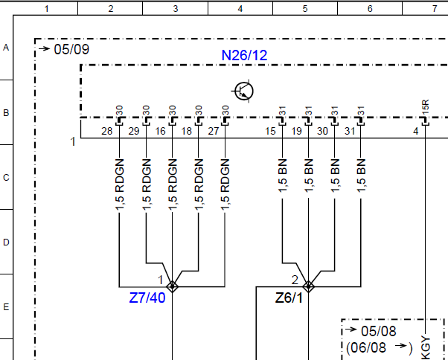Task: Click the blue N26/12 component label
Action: [x=244, y=55]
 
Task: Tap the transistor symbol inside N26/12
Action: [x=243, y=91]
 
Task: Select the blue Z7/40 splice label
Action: [x=147, y=298]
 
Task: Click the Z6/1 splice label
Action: [x=289, y=298]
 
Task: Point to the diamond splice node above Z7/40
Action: [x=173, y=286]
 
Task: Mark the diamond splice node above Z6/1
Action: [x=308, y=286]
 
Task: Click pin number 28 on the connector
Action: [x=107, y=131]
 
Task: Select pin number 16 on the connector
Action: [x=160, y=131]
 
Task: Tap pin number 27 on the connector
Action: [x=214, y=131]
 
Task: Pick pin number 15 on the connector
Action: [x=270, y=131]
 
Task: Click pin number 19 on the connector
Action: [x=297, y=131]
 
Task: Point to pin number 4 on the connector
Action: [x=416, y=131]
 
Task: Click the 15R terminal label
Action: [x=426, y=107]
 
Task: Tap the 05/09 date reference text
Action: [x=71, y=49]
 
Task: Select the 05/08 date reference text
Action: [x=379, y=331]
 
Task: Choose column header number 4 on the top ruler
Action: [x=240, y=9]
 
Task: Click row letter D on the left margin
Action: [x=6, y=242]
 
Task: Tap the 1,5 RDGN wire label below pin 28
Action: [x=120, y=185]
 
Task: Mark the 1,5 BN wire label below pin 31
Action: [x=361, y=176]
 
